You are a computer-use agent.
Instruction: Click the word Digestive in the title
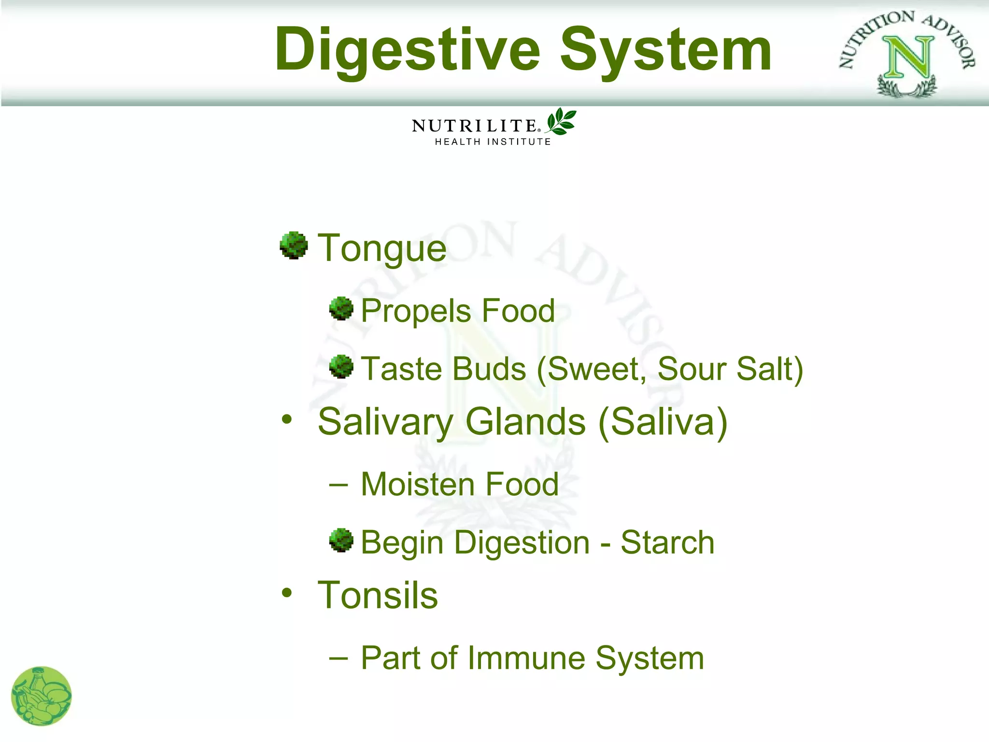407,50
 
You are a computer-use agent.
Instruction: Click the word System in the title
665,50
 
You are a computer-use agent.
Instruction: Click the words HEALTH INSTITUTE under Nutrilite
493,142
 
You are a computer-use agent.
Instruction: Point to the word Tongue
381,248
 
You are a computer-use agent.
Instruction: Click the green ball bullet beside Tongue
294,245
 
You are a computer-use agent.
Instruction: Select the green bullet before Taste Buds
341,367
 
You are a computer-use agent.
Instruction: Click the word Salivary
385,422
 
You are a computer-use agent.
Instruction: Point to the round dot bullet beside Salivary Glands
287,419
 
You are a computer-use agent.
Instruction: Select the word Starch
667,542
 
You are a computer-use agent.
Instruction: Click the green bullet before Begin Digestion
341,541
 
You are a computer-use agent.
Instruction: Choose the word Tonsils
378,595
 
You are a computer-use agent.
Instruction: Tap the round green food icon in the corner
42,696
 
